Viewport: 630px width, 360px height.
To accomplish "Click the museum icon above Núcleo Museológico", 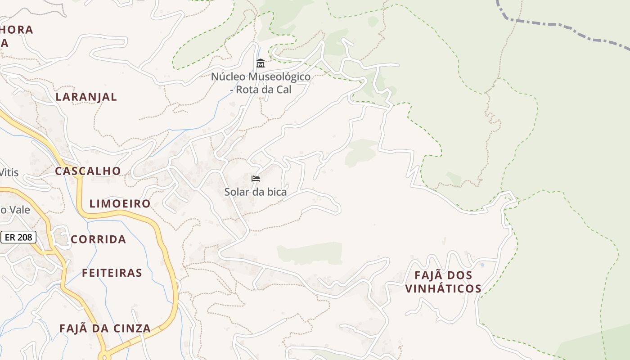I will point(260,63).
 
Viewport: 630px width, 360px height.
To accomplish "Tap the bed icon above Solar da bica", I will point(256,179).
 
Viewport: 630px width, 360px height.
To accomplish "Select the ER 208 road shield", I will point(18,237).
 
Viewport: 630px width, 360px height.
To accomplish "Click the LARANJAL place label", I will point(86,97).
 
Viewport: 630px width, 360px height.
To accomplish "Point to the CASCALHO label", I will point(88,171).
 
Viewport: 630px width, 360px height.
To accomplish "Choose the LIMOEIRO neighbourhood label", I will point(120,204).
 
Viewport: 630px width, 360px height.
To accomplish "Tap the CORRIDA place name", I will point(98,239).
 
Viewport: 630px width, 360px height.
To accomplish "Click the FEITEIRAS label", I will point(112,273).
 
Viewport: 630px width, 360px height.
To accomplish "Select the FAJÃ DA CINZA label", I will point(105,328).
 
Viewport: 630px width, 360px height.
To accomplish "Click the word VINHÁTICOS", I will point(443,288).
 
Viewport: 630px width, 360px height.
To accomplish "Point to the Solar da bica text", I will point(256,192).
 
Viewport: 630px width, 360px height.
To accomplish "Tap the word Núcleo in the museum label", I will point(228,76).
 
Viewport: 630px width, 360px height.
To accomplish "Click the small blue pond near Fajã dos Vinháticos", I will point(482,265).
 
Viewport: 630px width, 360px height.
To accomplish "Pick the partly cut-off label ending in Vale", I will point(16,210).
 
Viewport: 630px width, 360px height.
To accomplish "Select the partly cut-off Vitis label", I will point(9,172).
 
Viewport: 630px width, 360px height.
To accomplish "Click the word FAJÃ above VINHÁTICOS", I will point(427,275).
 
